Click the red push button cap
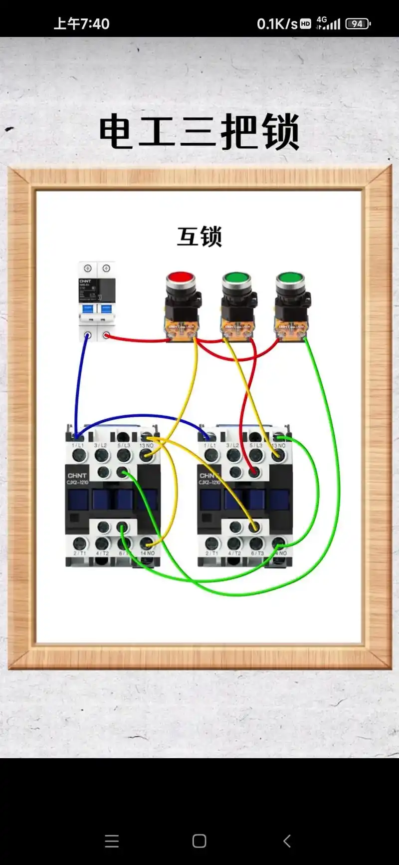(181, 278)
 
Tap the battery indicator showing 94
(358, 23)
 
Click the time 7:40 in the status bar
(94, 23)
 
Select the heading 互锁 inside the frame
(199, 237)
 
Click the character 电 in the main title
(116, 131)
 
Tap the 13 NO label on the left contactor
(146, 445)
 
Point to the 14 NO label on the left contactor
(147, 553)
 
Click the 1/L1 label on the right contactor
(210, 445)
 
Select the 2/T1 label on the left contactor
(79, 553)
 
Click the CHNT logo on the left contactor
(77, 475)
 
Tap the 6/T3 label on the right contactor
(257, 553)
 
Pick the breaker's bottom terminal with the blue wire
(88, 335)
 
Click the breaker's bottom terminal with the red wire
(106, 335)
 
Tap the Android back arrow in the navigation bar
(287, 841)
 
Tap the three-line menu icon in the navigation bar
(112, 841)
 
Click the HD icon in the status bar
(306, 23)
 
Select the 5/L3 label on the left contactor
(123, 445)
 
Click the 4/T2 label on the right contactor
(234, 553)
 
